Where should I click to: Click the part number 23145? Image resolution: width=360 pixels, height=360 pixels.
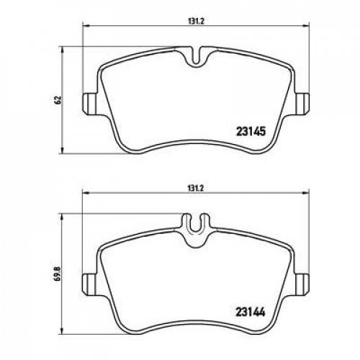click(x=251, y=131)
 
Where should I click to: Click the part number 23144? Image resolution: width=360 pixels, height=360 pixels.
click(x=251, y=312)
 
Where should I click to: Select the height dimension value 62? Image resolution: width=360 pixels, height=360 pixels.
click(x=58, y=99)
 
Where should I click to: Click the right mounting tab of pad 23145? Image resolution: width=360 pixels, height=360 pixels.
click(x=302, y=104)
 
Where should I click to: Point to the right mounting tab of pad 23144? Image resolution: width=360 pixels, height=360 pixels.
click(x=302, y=284)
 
